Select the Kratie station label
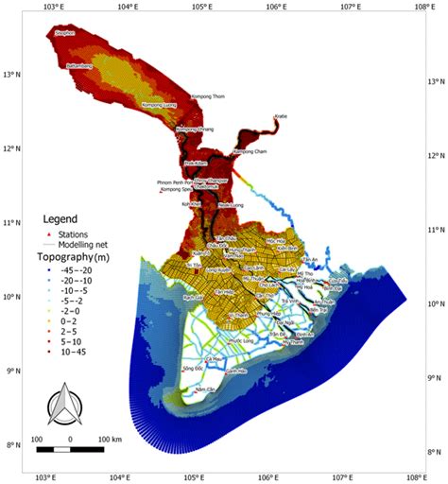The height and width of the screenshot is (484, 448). [x=280, y=117]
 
